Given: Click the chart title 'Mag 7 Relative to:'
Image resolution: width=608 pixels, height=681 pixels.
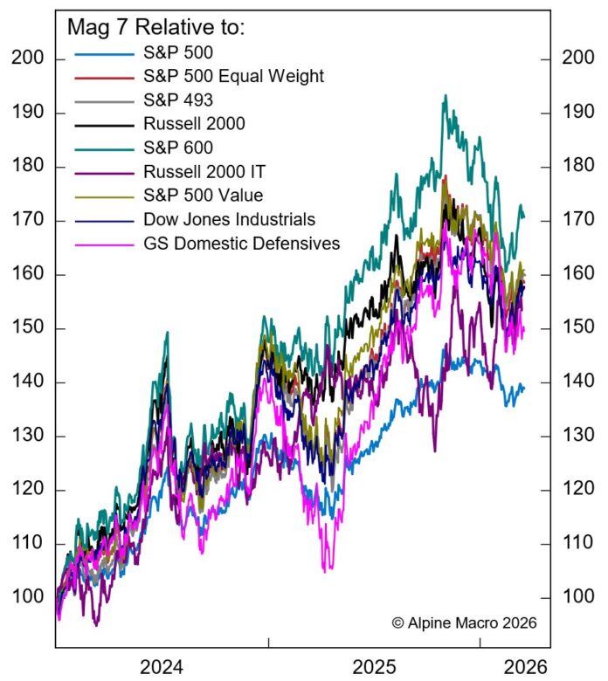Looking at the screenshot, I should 156,28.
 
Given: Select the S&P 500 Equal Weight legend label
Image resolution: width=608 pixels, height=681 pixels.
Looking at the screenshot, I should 233,76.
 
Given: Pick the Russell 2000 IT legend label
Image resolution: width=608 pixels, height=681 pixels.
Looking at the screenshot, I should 203,171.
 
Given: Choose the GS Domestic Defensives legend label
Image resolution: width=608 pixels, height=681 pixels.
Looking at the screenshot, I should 240,244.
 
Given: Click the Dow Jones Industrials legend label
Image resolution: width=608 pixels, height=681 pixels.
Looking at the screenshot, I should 229,219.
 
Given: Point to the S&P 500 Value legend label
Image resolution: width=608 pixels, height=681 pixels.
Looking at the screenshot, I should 203,196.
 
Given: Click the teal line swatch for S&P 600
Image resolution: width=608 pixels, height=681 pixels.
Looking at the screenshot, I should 102,148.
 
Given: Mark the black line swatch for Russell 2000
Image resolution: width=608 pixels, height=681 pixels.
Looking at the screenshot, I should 102,124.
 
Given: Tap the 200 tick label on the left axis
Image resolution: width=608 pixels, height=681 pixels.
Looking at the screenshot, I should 28,59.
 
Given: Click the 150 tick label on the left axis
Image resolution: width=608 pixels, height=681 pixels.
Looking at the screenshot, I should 28,328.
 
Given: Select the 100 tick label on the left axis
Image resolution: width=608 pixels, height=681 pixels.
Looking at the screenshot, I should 28,597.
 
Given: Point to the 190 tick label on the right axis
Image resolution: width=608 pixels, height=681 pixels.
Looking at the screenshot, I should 576,113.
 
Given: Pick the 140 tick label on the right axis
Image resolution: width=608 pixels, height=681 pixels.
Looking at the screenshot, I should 576,382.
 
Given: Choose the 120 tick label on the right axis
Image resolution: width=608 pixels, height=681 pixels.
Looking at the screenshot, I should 576,490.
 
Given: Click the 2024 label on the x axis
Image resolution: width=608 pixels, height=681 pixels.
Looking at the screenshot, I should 161,667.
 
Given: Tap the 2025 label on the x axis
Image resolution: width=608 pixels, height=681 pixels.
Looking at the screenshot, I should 374,667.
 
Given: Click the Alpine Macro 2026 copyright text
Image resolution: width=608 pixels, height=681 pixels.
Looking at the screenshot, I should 464,623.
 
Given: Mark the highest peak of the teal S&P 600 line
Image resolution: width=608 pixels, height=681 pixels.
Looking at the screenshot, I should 446,95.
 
